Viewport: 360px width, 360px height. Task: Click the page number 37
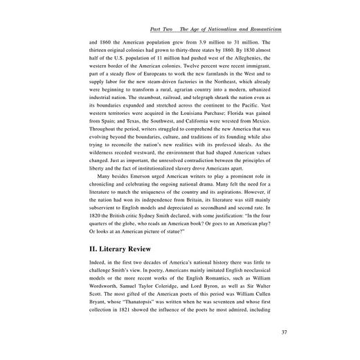(285, 332)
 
